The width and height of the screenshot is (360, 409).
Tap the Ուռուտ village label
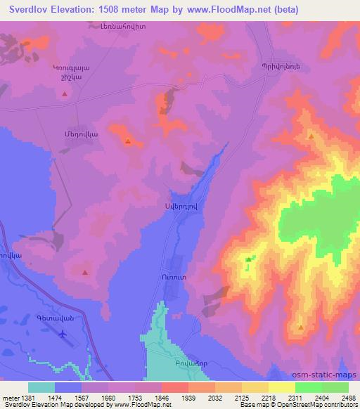(x=171, y=278)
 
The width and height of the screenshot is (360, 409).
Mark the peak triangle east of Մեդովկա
(x=127, y=141)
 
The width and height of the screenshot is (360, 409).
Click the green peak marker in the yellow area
(x=248, y=260)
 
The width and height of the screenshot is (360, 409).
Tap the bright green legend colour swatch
(x=308, y=387)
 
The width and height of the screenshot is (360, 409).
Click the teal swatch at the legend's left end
(x=41, y=387)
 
